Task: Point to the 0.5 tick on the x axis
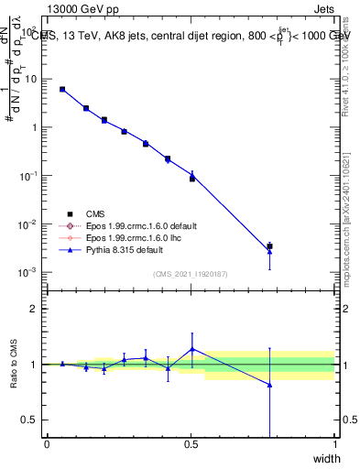click(x=191, y=444)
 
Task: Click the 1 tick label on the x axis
click(x=334, y=444)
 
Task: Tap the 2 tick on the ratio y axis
click(x=34, y=309)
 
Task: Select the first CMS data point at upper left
click(x=62, y=89)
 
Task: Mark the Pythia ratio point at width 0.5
click(x=191, y=348)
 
